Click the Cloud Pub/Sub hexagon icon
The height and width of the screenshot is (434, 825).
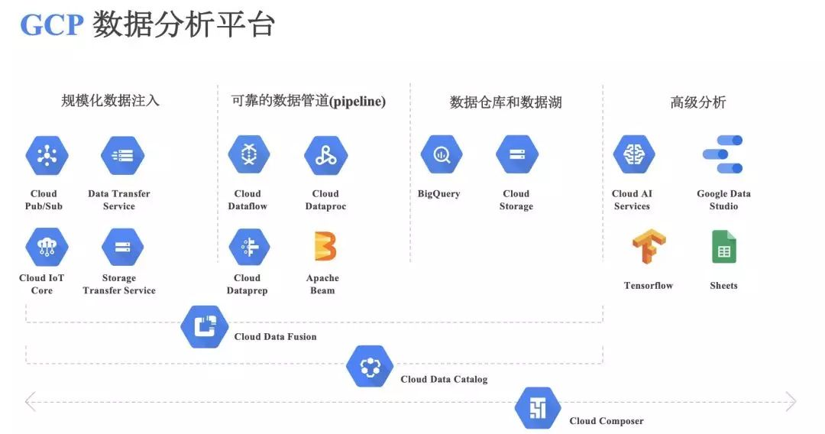[47, 156]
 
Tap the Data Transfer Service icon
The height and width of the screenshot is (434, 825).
[122, 156]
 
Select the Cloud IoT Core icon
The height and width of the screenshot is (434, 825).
[47, 247]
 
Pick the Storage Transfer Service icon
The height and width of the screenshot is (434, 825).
[122, 247]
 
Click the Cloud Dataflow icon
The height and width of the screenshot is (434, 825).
[249, 155]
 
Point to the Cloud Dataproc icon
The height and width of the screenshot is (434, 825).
[326, 156]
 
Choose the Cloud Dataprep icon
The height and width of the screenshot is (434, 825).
[249, 247]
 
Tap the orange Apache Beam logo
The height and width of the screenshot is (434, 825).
[325, 247]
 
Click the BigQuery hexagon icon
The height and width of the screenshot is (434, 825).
[442, 155]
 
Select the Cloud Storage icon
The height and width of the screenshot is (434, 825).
[517, 155]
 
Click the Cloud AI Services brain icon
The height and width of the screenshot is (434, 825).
[634, 155]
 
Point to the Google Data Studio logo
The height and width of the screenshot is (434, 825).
[723, 155]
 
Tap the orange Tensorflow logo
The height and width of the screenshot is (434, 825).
[649, 247]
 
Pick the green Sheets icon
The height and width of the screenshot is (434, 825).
[723, 247]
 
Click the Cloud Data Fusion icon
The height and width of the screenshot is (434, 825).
[205, 327]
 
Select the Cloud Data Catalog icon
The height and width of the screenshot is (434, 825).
[370, 367]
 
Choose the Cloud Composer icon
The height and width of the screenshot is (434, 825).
[538, 408]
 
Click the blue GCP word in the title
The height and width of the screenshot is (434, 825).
[51, 25]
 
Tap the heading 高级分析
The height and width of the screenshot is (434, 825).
[697, 102]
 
